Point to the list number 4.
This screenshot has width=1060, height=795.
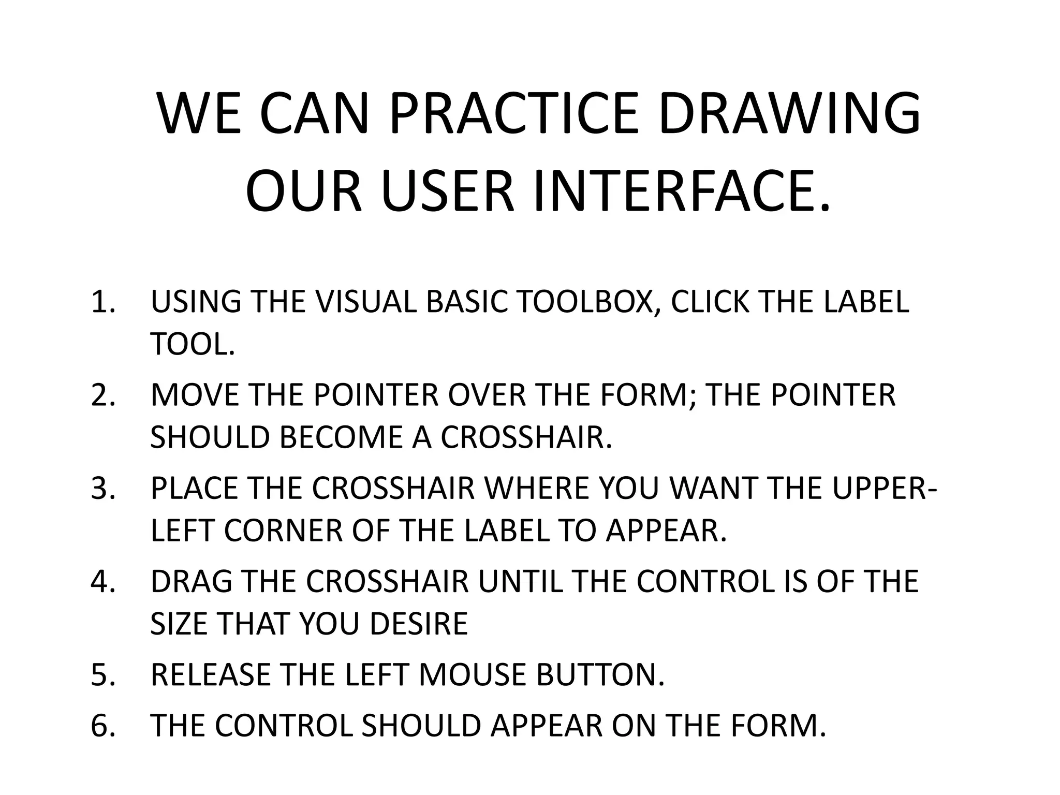click(x=102, y=581)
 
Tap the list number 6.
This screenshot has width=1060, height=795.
click(x=102, y=725)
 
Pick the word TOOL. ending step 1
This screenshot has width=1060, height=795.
click(x=193, y=344)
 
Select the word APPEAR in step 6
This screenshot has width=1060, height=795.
click(x=547, y=725)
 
